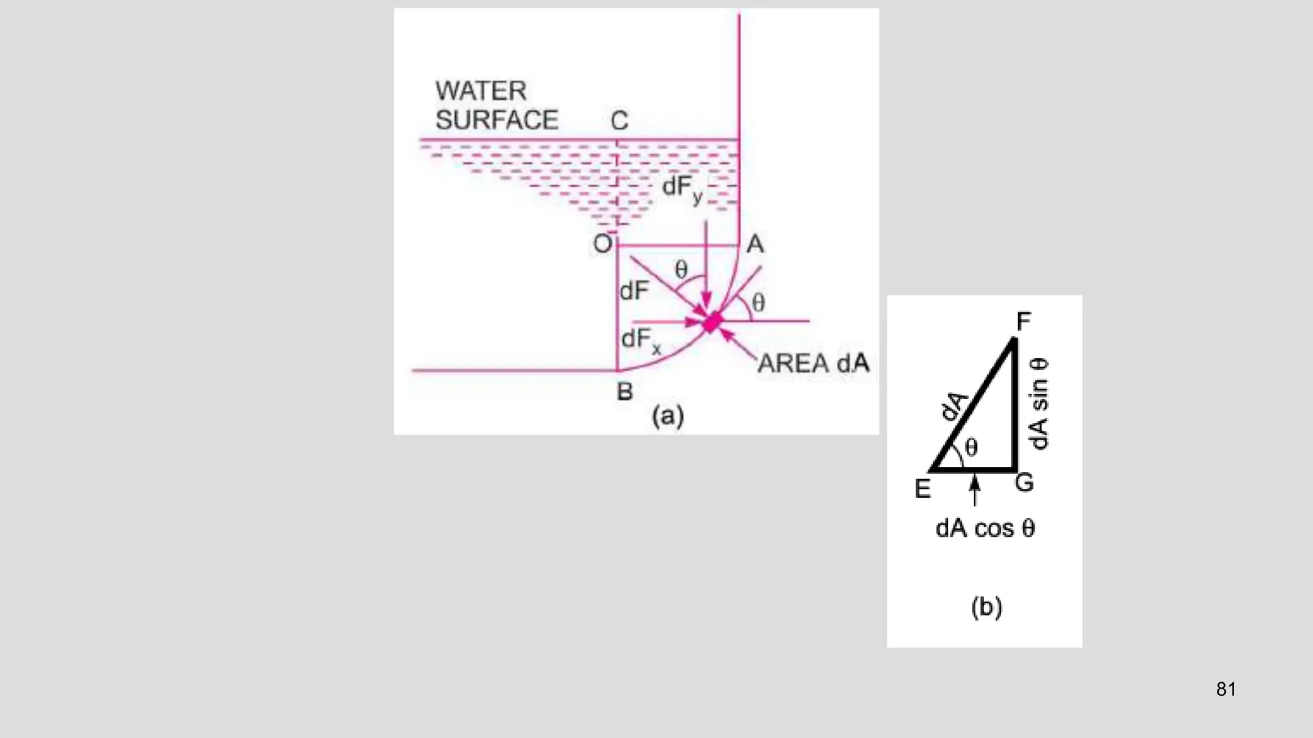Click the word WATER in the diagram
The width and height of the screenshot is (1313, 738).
(x=481, y=91)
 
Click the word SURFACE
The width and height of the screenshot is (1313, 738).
(x=497, y=120)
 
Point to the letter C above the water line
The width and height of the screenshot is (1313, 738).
(x=619, y=120)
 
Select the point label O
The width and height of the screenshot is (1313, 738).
(x=603, y=244)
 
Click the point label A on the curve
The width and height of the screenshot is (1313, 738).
(x=755, y=244)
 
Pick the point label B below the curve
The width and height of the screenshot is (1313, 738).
(x=624, y=391)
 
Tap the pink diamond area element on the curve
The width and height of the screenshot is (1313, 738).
(x=712, y=322)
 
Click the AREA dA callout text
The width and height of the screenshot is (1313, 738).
(x=814, y=364)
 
